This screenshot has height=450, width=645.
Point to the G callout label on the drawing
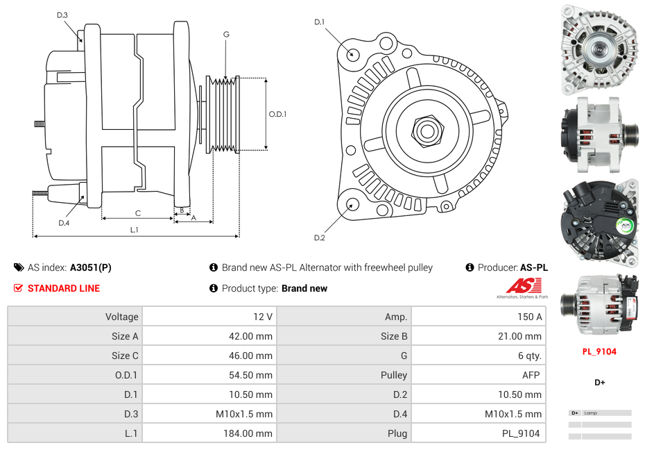[226, 35]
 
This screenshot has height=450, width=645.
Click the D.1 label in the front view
[319, 22]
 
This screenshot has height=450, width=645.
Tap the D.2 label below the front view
[319, 238]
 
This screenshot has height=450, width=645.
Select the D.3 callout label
[62, 15]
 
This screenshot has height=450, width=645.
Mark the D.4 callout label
[64, 223]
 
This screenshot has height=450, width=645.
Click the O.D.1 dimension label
[277, 115]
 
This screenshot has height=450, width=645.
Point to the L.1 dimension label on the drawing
[135, 230]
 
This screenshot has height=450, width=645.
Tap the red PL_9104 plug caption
[599, 351]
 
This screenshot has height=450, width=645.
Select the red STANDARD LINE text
[63, 288]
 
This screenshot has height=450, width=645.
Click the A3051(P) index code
[90, 267]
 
